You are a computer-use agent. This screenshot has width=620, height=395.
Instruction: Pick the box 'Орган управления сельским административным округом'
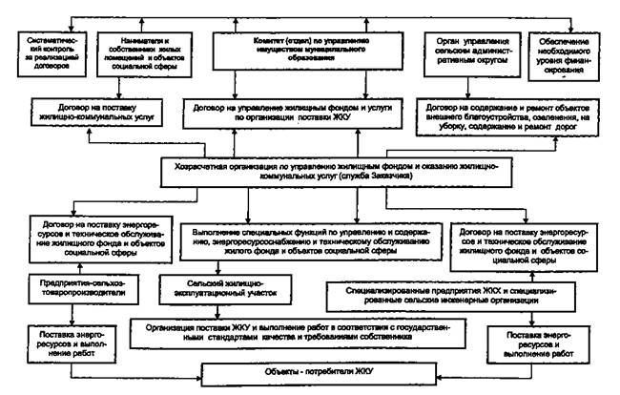(466, 55)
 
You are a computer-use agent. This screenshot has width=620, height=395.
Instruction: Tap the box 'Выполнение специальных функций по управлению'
(312, 243)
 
